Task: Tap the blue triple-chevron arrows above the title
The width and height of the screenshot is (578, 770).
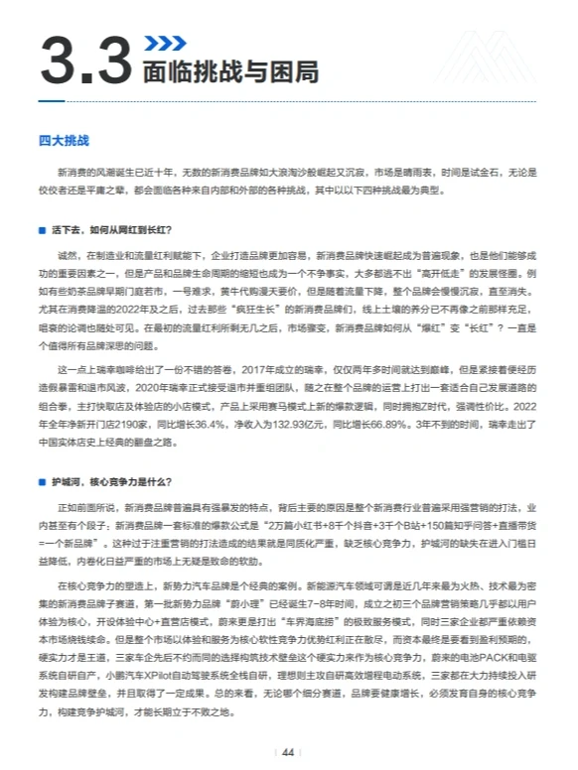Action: click(163, 43)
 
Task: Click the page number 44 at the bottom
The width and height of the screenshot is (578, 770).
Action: click(288, 752)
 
